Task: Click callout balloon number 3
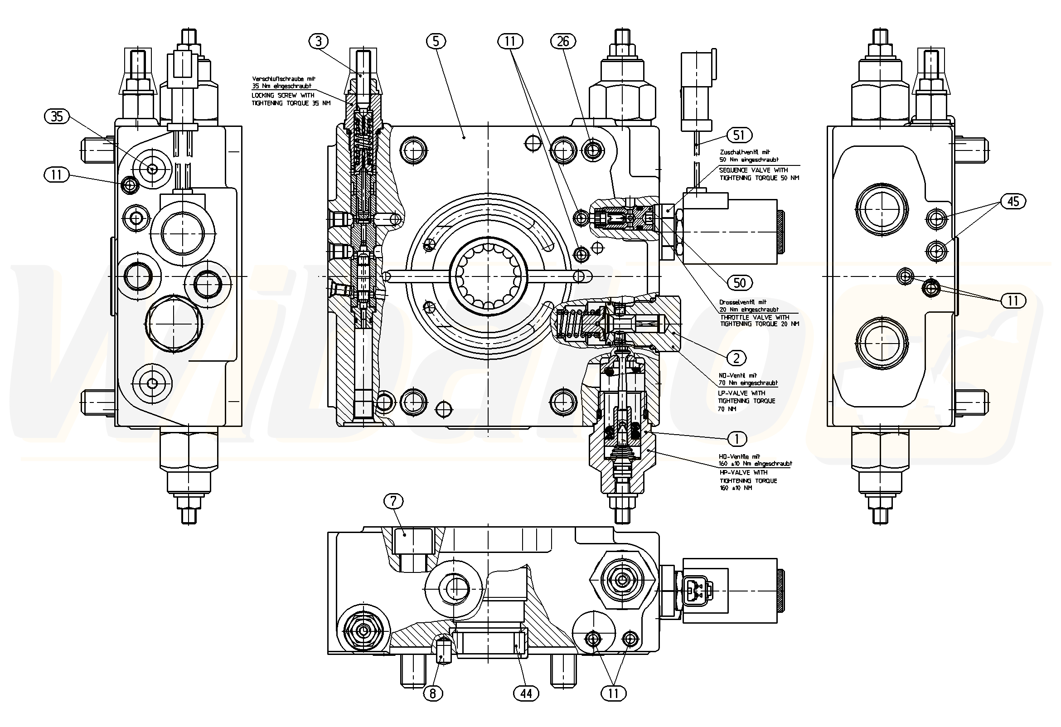(x=319, y=42)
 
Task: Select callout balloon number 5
(x=436, y=42)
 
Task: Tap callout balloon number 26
(x=563, y=42)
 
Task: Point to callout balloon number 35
(x=57, y=116)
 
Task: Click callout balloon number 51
(x=739, y=135)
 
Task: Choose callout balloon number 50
(x=739, y=283)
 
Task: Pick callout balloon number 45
(x=1013, y=201)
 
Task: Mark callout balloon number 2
(x=736, y=359)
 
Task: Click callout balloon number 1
(x=736, y=439)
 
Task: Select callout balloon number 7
(x=393, y=501)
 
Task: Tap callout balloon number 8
(x=432, y=693)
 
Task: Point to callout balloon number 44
(x=526, y=693)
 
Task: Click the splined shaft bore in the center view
(x=488, y=276)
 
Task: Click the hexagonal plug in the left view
(x=174, y=323)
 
